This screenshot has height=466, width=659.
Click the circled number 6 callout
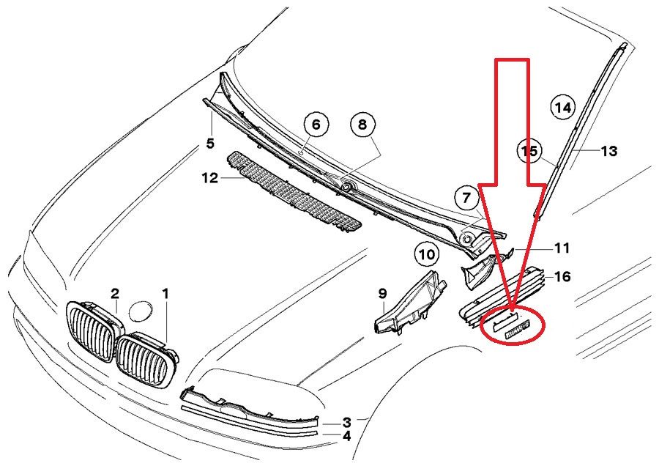(316, 125)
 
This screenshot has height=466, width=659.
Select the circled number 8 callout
(361, 125)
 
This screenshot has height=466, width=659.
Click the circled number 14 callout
(562, 108)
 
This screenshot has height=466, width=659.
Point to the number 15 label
(529, 151)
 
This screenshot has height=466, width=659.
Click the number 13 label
(609, 151)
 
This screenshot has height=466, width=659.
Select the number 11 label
(561, 248)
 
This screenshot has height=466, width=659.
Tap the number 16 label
(562, 276)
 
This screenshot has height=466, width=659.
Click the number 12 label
(210, 178)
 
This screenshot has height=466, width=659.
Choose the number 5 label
(210, 143)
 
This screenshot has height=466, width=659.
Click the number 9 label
(382, 293)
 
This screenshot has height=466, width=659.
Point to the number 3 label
(347, 422)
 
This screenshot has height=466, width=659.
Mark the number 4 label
(347, 435)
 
